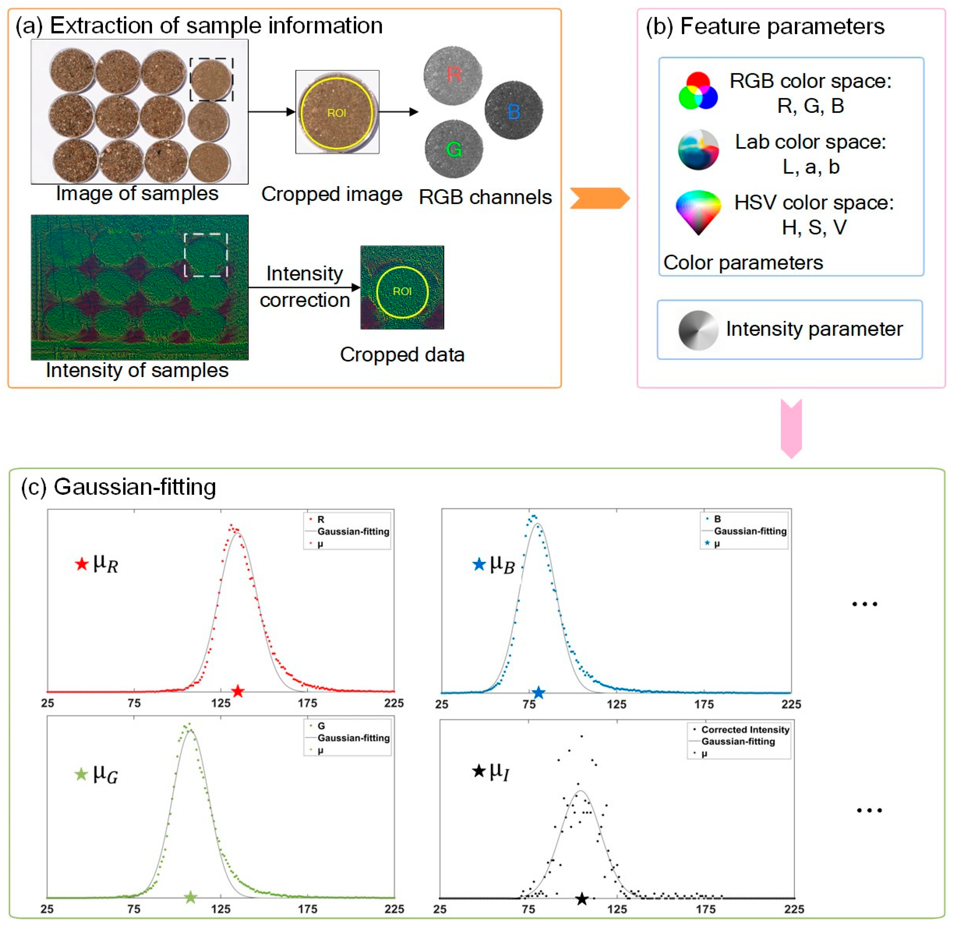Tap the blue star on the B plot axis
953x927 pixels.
point(538,692)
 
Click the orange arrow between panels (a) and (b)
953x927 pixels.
point(600,198)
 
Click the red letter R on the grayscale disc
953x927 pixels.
point(454,75)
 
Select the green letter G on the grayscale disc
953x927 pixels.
point(454,149)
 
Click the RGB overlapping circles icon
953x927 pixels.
point(698,91)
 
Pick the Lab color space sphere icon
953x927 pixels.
point(698,150)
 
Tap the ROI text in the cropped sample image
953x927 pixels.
point(336,113)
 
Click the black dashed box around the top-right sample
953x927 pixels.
point(211,79)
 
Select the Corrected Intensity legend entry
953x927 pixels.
point(745,729)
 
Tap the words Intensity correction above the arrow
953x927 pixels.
point(305,287)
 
